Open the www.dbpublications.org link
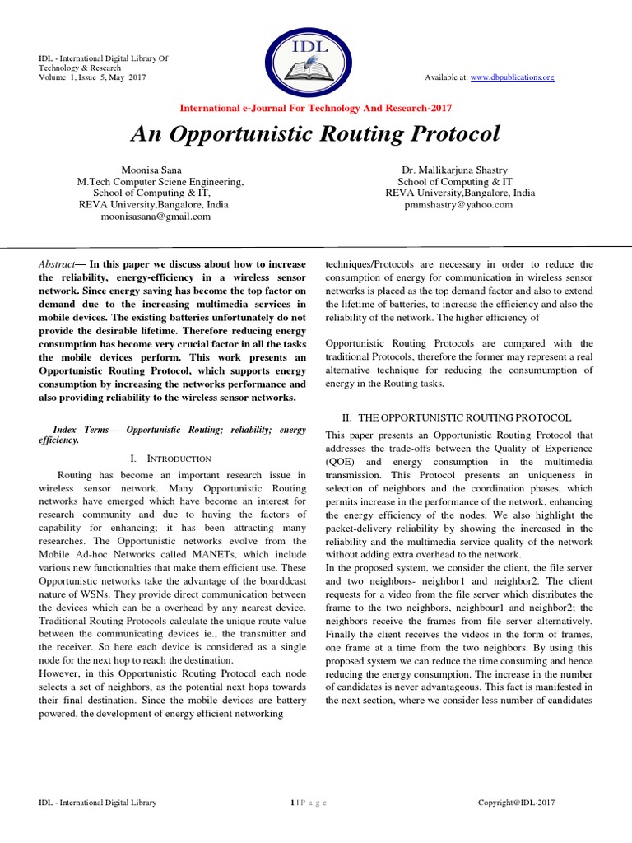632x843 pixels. [x=512, y=77]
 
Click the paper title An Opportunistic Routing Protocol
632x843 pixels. [x=315, y=134]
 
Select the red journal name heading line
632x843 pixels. [x=315, y=108]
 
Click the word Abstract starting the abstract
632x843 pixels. [x=56, y=263]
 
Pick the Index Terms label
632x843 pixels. [x=79, y=430]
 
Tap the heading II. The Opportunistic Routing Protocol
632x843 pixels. [x=460, y=418]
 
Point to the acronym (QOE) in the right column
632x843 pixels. [x=342, y=462]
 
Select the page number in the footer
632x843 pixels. [x=292, y=802]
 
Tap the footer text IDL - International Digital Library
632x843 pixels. [x=98, y=802]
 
